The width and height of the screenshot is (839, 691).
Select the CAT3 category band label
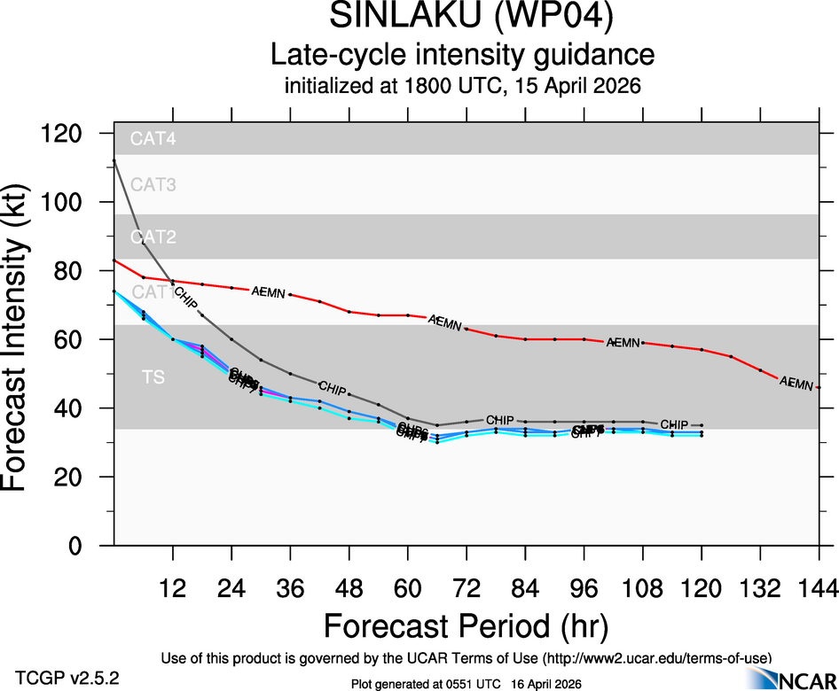153,185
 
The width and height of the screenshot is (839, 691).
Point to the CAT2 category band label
153,237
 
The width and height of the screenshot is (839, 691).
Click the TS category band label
153,378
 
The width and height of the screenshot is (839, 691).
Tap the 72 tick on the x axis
467,588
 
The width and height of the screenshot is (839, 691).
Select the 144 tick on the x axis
818,588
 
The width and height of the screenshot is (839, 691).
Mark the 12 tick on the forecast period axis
173,588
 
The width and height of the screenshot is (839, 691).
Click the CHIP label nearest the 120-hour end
674,425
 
